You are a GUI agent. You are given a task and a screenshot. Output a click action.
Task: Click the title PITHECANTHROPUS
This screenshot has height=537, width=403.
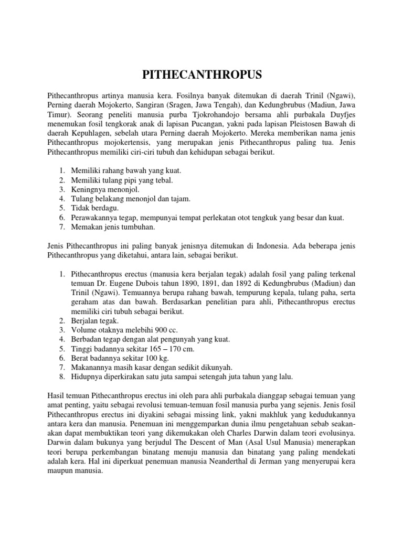201,76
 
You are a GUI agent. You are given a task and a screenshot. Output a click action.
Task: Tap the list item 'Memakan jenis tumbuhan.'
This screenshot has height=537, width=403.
111,227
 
